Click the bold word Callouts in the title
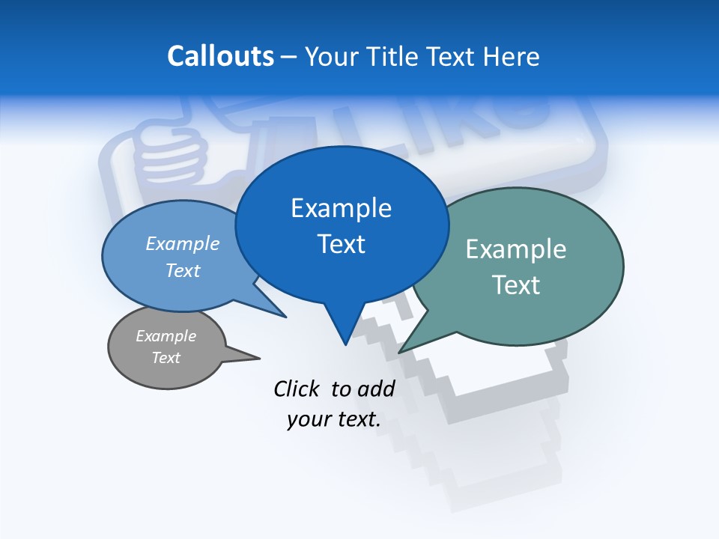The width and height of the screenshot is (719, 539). tap(220, 56)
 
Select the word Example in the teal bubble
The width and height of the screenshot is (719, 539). tap(516, 249)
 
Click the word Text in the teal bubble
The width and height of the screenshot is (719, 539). tap(516, 285)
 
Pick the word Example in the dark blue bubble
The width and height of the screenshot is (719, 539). tap(341, 208)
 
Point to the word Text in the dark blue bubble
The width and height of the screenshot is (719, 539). tap(341, 244)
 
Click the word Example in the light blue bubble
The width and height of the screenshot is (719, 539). tap(183, 244)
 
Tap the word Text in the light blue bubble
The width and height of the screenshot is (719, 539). tap(183, 271)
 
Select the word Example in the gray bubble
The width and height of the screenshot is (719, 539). tap(166, 336)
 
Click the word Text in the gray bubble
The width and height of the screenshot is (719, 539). tap(166, 358)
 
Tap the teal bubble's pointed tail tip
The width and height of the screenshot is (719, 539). tap(400, 351)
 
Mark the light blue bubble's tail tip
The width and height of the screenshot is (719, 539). tap(285, 317)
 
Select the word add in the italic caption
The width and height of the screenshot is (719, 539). tap(376, 389)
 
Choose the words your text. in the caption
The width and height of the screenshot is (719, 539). tap(334, 419)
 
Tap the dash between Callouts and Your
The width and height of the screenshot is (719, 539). tap(290, 56)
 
